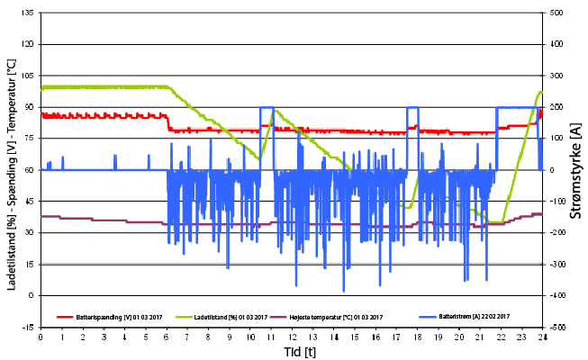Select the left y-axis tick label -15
tap(29, 327)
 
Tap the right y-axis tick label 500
tap(556, 13)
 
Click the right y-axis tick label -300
tap(556, 264)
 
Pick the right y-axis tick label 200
tap(556, 107)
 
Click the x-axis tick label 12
tap(293, 338)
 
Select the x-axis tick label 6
tap(167, 338)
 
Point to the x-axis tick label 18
tap(418, 338)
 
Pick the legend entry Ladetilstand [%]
tap(231, 317)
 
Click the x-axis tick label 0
tap(41, 338)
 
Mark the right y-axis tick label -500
tap(556, 327)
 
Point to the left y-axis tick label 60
tap(31, 170)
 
